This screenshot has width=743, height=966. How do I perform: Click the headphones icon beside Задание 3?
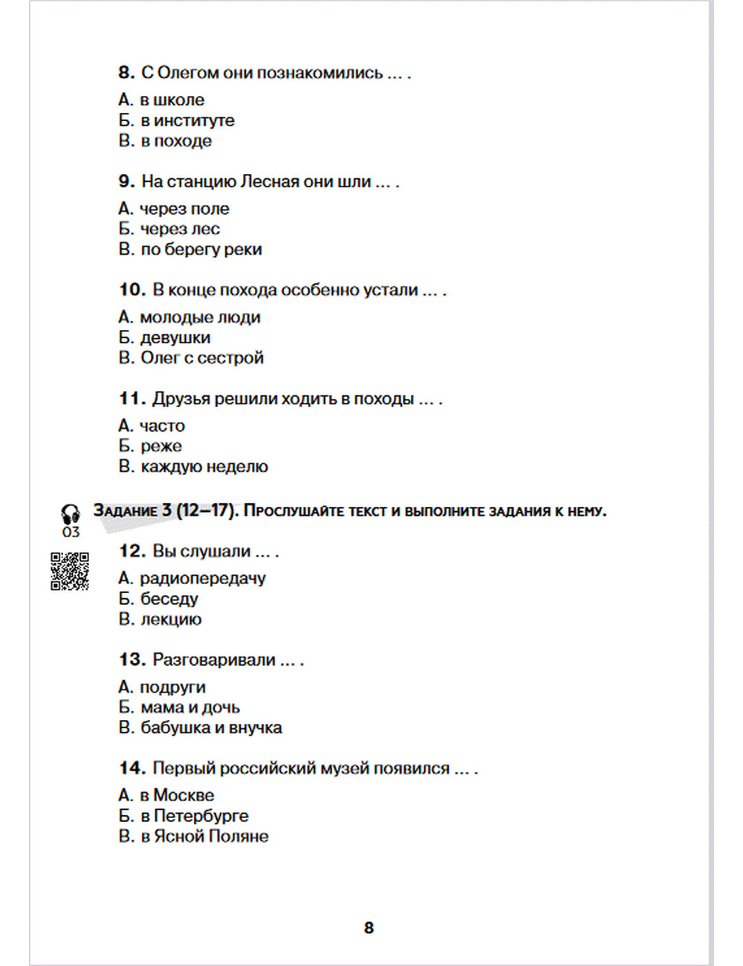[71, 513]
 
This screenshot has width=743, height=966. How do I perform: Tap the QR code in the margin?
[70, 571]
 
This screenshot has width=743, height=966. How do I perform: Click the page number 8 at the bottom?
[369, 927]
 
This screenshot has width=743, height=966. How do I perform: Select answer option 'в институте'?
[186, 120]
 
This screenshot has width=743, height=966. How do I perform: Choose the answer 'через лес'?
[180, 229]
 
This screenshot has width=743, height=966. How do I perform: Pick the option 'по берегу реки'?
[201, 250]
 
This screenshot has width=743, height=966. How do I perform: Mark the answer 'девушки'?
[175, 337]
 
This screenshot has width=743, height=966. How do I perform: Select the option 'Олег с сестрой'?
[201, 358]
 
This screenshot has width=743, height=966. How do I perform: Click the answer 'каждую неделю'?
[204, 467]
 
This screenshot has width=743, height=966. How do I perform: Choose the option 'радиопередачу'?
[202, 578]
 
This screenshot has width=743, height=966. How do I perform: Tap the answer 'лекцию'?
[171, 619]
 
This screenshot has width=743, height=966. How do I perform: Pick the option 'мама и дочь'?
[189, 707]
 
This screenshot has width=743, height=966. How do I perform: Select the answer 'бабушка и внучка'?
[211, 727]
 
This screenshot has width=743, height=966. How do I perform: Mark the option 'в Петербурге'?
[194, 816]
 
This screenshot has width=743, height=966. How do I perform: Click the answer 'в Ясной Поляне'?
[204, 836]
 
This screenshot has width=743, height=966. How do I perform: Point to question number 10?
[132, 290]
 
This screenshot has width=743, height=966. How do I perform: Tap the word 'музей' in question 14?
[344, 768]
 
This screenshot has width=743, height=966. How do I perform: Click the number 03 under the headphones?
[71, 532]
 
